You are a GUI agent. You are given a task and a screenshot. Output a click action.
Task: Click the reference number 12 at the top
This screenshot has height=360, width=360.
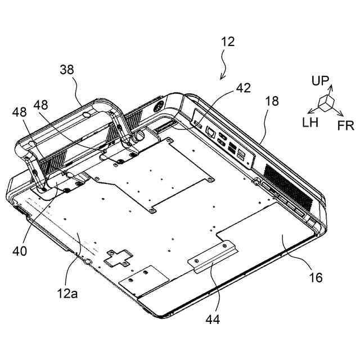pyautogui.click(x=228, y=41)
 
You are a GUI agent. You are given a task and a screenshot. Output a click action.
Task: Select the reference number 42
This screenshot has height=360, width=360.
pyautogui.click(x=243, y=88)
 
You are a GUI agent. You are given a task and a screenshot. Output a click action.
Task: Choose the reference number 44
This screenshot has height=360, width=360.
pyautogui.click(x=213, y=319)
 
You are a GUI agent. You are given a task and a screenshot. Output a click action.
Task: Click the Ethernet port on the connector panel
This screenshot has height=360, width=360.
pyautogui.click(x=210, y=132)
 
